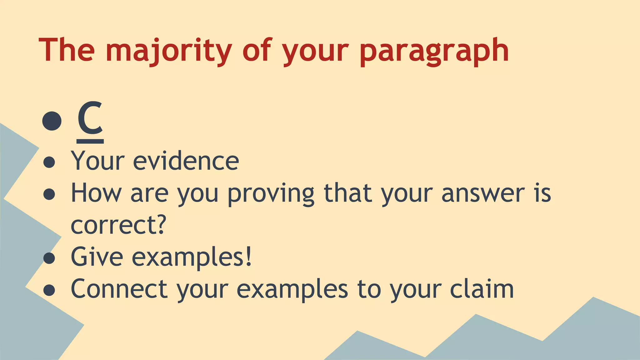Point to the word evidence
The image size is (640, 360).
click(x=186, y=161)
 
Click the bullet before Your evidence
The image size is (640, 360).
click(x=49, y=162)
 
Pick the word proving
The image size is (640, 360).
click(x=271, y=194)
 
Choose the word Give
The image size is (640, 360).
click(x=97, y=257)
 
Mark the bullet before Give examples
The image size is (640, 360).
click(x=49, y=258)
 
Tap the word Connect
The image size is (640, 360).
click(x=119, y=289)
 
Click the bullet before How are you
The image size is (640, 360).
click(x=49, y=194)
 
